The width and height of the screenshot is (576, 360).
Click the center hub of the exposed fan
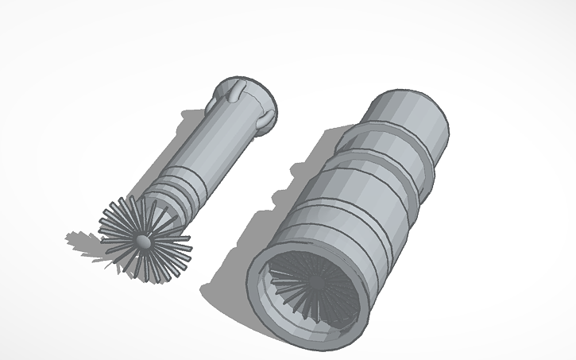click(x=142, y=238)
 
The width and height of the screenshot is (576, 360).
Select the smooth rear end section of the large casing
click(x=413, y=114)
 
